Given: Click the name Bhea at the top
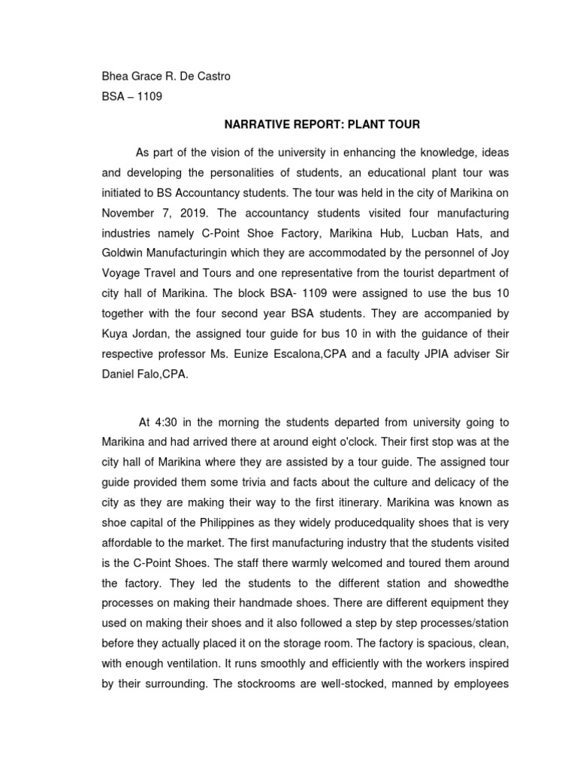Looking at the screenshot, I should (x=116, y=76).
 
